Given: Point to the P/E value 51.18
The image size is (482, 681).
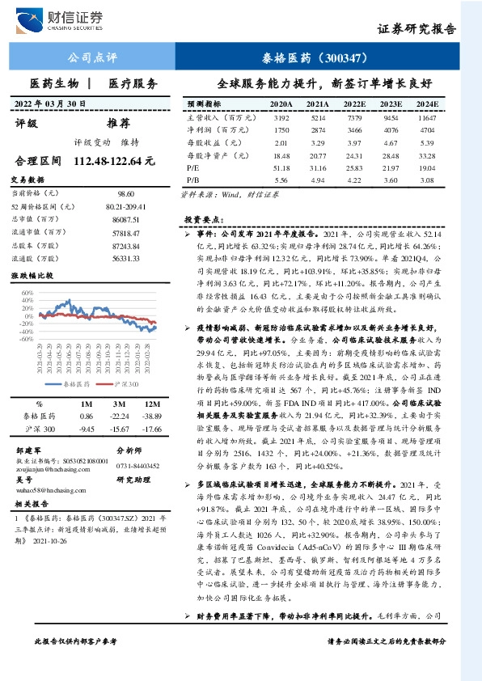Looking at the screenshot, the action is point(281,167).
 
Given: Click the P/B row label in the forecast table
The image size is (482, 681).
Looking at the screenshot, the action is point(193,180).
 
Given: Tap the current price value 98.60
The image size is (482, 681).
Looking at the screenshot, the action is point(125,194).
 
